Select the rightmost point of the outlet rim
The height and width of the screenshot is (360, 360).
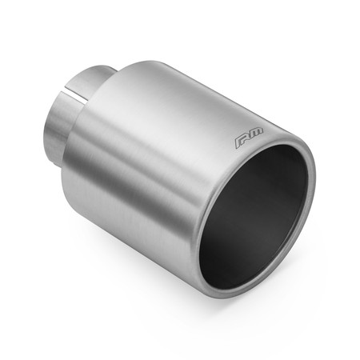coord(314,180)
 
